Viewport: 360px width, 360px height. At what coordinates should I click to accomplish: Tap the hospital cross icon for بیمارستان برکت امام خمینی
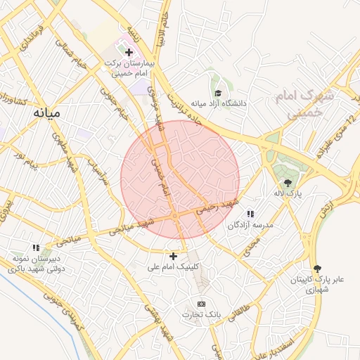pos(129,52)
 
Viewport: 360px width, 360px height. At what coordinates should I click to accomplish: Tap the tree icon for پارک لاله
pos(287,183)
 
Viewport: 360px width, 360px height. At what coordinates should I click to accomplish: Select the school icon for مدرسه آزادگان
pos(250,214)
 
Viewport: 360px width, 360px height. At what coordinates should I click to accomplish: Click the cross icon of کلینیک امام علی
pos(174,255)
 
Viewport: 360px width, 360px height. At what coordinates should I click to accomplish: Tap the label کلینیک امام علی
pos(173,267)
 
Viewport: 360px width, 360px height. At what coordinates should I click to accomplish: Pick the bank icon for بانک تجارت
pos(202,303)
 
